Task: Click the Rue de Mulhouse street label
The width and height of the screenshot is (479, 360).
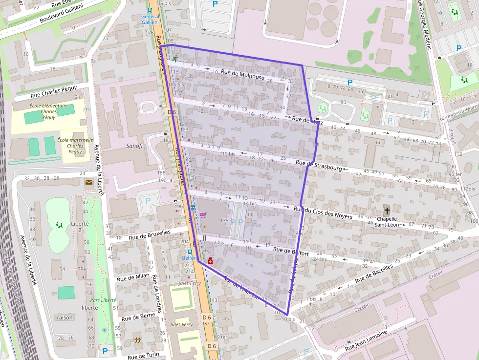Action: tap(242, 75)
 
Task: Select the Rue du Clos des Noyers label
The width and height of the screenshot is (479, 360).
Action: tap(323, 212)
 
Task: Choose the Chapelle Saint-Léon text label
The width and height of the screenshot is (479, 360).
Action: tap(387, 222)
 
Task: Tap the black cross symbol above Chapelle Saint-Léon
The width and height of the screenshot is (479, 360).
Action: tap(387, 211)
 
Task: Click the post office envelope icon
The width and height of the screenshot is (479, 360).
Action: tap(89, 183)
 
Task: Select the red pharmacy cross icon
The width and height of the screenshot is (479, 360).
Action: tap(210, 261)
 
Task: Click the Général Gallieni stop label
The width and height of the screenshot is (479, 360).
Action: tap(150, 19)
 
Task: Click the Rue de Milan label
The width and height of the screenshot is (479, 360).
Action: tap(133, 276)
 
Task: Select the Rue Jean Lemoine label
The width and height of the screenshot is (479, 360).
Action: tap(366, 340)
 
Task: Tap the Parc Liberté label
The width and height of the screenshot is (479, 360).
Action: tap(103, 300)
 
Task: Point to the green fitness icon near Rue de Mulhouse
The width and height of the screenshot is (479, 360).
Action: tap(174, 59)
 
